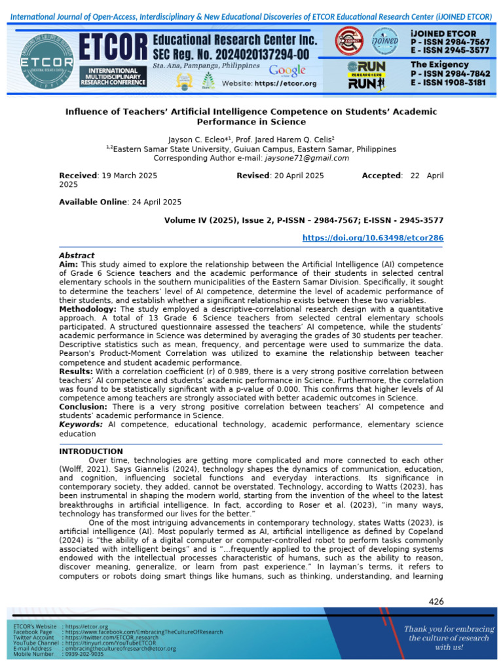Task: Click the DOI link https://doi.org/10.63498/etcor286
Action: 373,239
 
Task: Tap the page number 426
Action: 436,602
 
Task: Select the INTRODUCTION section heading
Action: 91,451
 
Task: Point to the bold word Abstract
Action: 77,256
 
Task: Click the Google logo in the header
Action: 287,70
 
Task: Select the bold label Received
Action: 78,176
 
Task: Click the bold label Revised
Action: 253,176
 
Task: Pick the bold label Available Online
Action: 92,202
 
